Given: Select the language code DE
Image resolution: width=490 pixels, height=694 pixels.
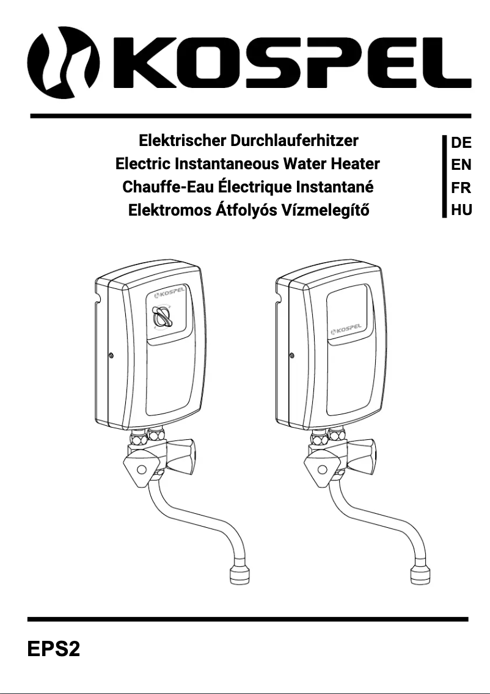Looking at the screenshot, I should [461, 143].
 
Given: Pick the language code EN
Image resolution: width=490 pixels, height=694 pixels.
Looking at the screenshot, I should [461, 165].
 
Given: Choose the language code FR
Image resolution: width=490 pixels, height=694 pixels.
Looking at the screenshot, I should [461, 188].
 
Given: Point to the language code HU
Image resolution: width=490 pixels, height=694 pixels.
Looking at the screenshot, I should [461, 210].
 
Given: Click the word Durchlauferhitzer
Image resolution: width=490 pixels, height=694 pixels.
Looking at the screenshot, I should [294, 141].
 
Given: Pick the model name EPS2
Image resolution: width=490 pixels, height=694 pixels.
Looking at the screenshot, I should [54, 648].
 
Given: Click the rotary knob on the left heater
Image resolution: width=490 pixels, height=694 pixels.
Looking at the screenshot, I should [162, 317].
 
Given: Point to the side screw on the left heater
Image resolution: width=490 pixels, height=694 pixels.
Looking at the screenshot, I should [109, 356].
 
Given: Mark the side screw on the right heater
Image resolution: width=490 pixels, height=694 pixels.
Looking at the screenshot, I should [291, 356].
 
